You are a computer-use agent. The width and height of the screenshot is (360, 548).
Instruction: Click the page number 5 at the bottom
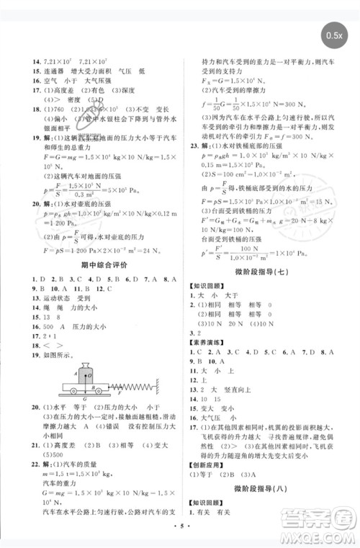pyautogui.click(x=181, y=538)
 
